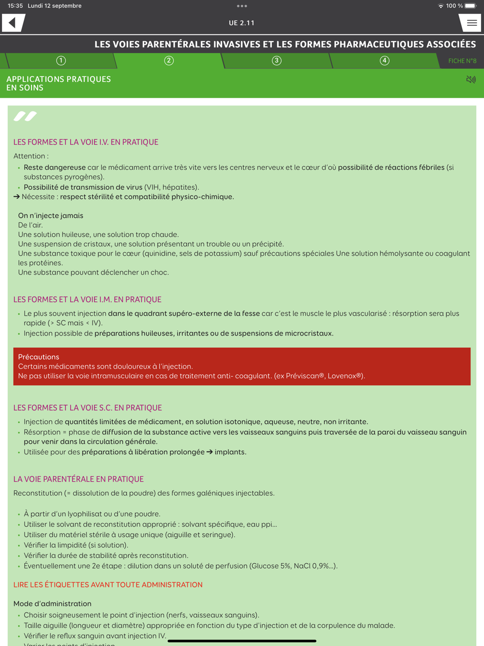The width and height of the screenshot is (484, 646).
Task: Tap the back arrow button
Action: [13, 23]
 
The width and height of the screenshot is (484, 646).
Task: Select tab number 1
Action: [61, 61]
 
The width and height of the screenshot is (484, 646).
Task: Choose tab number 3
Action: [276, 61]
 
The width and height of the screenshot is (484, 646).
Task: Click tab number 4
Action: [384, 61]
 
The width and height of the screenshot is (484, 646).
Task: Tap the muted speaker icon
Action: [470, 79]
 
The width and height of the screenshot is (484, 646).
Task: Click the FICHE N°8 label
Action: [462, 61]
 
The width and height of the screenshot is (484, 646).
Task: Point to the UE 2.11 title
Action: [242, 23]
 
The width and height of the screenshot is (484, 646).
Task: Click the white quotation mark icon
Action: [25, 116]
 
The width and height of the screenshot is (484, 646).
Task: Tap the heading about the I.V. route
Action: [86, 142]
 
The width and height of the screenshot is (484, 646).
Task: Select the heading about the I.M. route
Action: [87, 299]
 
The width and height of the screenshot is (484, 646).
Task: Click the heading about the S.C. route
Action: [88, 408]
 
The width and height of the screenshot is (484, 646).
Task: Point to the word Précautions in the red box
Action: [39, 357]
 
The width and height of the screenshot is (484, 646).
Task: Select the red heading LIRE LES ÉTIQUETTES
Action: [108, 584]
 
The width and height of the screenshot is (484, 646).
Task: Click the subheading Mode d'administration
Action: [52, 603]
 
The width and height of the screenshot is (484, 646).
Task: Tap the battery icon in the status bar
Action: [470, 6]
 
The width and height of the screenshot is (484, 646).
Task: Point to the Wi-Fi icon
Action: [440, 6]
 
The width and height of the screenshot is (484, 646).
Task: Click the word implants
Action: [230, 452]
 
